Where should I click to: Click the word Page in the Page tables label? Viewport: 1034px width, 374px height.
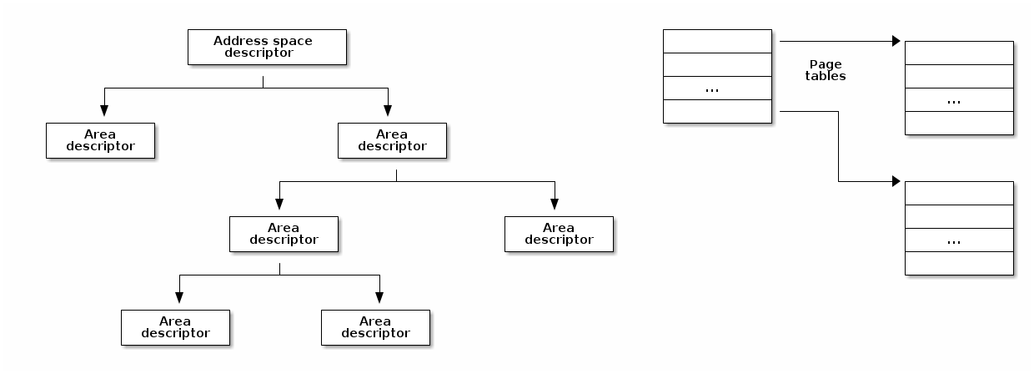(826, 64)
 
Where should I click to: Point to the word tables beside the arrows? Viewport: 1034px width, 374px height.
(826, 76)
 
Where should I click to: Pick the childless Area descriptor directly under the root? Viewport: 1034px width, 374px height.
(100, 140)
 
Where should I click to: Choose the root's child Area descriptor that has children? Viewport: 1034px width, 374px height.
(392, 140)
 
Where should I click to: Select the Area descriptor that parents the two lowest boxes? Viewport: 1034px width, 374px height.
(284, 234)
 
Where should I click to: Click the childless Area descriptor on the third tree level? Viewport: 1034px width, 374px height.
(559, 234)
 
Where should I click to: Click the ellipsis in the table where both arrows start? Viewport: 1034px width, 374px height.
(712, 88)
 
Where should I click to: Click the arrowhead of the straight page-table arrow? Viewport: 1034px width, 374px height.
(895, 40)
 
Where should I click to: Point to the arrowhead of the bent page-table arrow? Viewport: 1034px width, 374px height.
(895, 181)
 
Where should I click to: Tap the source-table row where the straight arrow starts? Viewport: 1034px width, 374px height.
(717, 41)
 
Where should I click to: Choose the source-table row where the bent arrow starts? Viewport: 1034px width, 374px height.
(717, 112)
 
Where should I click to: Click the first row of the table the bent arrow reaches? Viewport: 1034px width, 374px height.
(959, 193)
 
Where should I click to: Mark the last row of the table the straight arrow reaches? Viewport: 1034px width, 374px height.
(959, 124)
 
